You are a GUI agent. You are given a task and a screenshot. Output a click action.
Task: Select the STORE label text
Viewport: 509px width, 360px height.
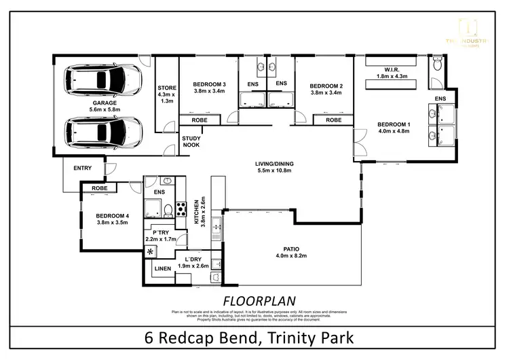[x=166, y=88]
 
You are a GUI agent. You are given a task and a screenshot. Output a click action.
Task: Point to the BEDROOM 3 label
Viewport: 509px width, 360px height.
[x=210, y=86]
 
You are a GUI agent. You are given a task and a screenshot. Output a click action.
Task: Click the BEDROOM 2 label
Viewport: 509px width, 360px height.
[x=325, y=86]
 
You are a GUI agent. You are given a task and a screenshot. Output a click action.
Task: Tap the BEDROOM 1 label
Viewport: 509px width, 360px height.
[x=394, y=124]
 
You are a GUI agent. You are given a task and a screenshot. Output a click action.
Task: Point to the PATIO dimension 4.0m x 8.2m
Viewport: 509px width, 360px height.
[x=291, y=256]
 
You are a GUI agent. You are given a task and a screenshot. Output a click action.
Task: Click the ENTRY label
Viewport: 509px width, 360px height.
[x=82, y=168]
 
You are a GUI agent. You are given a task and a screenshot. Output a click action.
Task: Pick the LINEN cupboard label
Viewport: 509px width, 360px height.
[x=163, y=269]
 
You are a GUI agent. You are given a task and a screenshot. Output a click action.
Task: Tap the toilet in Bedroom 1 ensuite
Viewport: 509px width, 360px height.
[x=436, y=64]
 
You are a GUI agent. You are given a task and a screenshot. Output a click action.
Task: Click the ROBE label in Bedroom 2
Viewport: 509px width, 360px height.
[x=333, y=120]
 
